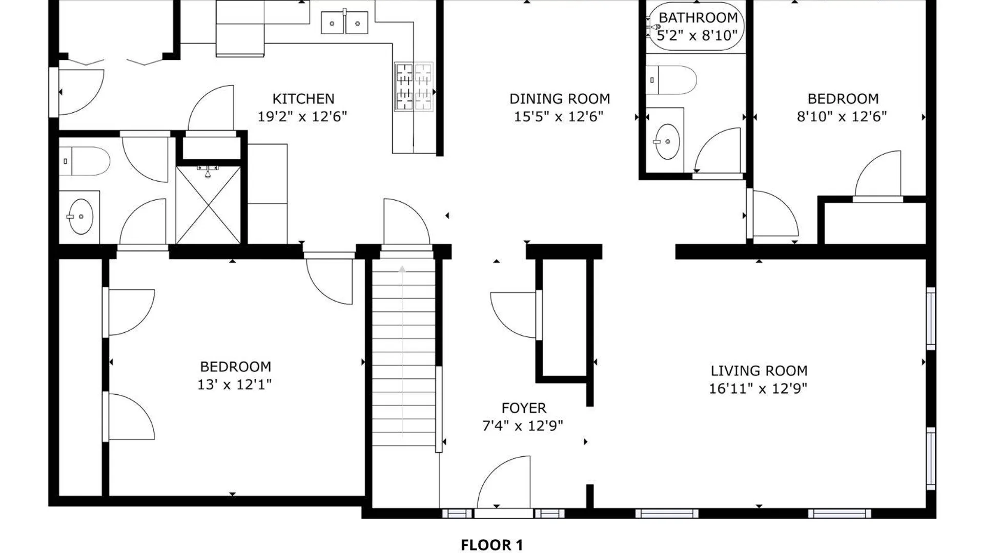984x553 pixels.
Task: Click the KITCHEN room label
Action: (303, 98)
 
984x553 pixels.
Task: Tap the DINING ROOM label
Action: (560, 98)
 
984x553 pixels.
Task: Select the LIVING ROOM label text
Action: (759, 370)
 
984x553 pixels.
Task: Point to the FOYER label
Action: (524, 408)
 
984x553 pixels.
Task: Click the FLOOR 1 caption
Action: (492, 545)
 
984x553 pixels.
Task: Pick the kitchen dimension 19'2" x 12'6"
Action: (302, 116)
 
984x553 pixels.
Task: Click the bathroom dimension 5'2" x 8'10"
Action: (697, 35)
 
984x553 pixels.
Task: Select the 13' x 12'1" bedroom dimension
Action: (235, 384)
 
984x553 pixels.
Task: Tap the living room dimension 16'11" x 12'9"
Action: (758, 388)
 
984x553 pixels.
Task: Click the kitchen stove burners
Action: (414, 87)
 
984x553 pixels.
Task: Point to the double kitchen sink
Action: (344, 23)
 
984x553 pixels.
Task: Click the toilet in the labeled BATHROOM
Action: (671, 80)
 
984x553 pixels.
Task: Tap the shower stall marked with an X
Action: (208, 204)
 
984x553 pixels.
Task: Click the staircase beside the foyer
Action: (404, 353)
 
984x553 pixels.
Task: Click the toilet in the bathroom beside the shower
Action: (85, 161)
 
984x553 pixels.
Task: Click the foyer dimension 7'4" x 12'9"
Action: (523, 426)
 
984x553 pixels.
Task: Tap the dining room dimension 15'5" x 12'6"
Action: (559, 116)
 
